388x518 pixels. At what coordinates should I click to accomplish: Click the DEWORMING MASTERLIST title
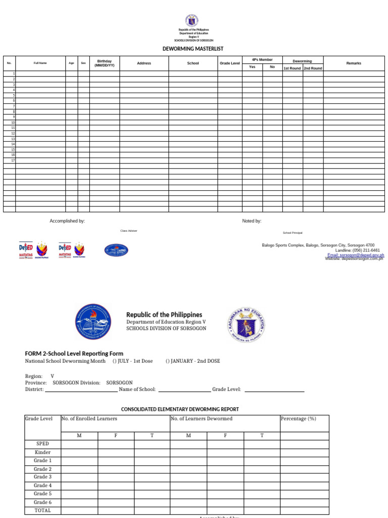click(x=192, y=49)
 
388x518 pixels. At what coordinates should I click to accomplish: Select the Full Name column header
click(x=40, y=63)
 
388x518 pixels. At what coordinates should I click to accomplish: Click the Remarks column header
click(x=354, y=63)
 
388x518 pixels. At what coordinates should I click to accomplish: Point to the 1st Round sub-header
click(x=292, y=68)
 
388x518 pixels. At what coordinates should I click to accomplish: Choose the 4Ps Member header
click(x=262, y=60)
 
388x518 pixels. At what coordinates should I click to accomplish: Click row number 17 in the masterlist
click(x=13, y=160)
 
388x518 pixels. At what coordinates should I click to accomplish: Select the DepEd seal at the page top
click(x=192, y=21)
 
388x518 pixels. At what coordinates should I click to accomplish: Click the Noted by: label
click(x=252, y=221)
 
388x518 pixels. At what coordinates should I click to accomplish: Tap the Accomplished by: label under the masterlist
click(x=67, y=221)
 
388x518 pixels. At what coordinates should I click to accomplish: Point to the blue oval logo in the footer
click(x=116, y=250)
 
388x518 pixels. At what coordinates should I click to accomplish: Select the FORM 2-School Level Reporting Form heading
click(x=74, y=354)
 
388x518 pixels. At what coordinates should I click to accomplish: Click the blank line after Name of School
click(x=184, y=390)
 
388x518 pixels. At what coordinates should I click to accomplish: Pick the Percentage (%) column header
click(x=299, y=419)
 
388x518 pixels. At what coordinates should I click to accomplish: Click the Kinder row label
click(x=42, y=452)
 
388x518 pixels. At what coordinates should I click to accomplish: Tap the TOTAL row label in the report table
click(x=42, y=510)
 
